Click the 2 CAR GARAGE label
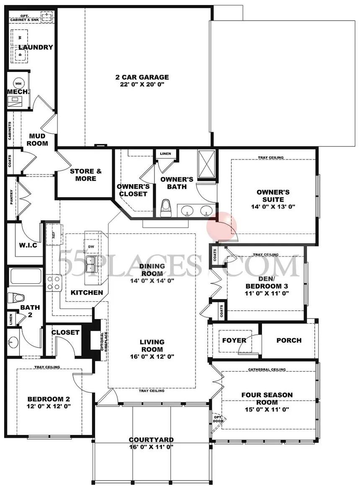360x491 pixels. click(x=142, y=77)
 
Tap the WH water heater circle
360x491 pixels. click(x=18, y=84)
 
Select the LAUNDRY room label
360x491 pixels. click(x=36, y=47)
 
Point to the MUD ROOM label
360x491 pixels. click(x=37, y=140)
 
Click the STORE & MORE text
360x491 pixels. click(x=86, y=175)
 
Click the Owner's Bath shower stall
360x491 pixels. click(x=206, y=166)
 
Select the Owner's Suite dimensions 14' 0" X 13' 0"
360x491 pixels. click(x=273, y=207)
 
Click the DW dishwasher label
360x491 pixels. click(x=91, y=247)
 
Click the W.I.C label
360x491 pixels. click(x=28, y=245)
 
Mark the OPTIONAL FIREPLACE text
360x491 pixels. click(x=104, y=341)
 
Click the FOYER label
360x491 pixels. click(x=234, y=340)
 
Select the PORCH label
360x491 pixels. click(x=289, y=340)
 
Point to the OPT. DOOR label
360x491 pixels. click(x=218, y=419)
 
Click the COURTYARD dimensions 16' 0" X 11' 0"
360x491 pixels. click(x=151, y=447)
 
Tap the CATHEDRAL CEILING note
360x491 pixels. click(x=267, y=370)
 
